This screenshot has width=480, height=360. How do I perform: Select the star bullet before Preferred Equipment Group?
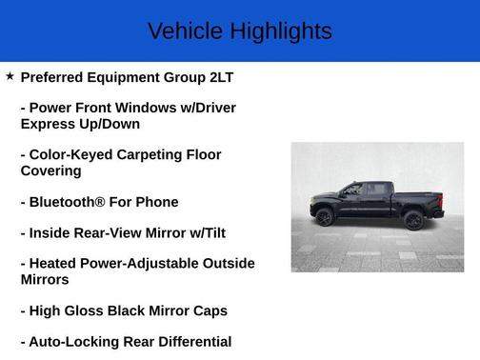click(x=10, y=75)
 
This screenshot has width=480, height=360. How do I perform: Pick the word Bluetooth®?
click(x=72, y=202)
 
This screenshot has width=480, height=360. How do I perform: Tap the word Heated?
click(x=55, y=263)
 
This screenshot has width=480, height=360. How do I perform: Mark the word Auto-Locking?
click(x=73, y=341)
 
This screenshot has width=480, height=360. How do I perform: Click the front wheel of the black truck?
click(x=325, y=218)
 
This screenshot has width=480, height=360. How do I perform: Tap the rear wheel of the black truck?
click(x=413, y=220)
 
